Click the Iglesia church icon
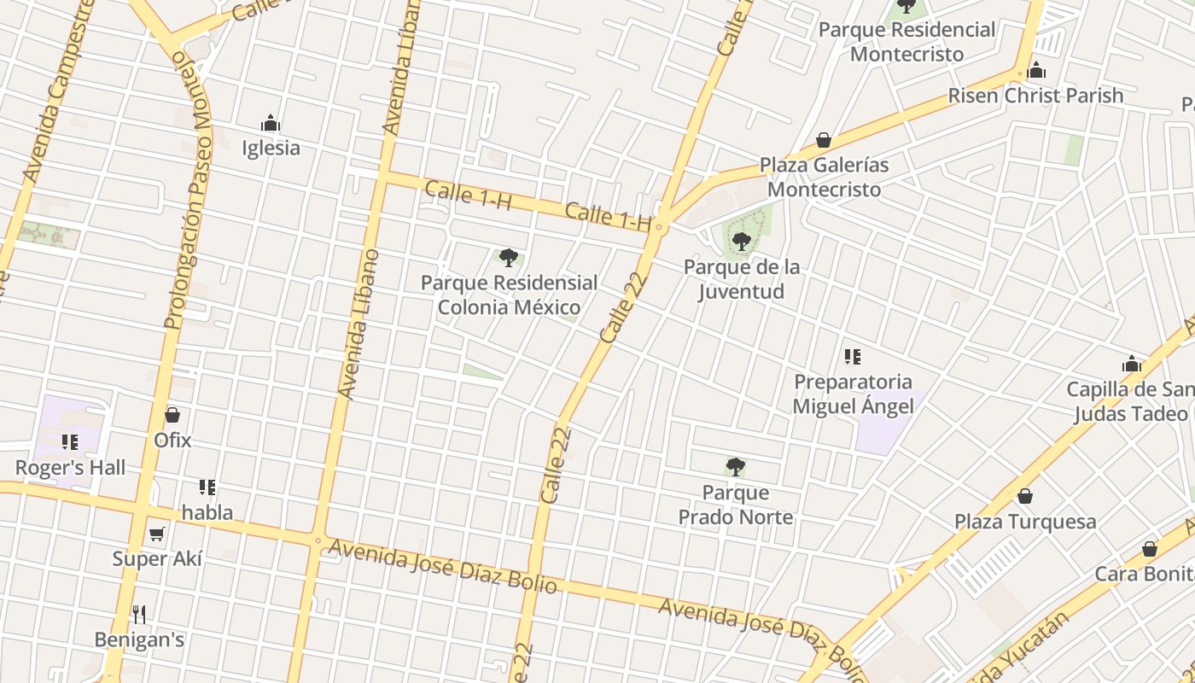pyautogui.click(x=271, y=124)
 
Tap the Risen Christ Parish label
pyautogui.click(x=1035, y=96)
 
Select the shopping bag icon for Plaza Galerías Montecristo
pyautogui.click(x=824, y=140)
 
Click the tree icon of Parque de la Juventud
pyautogui.click(x=741, y=242)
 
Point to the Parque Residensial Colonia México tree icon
pyautogui.click(x=509, y=257)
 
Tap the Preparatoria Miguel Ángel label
pyautogui.click(x=853, y=394)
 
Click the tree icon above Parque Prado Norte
pyautogui.click(x=735, y=467)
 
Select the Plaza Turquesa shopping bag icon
pyautogui.click(x=1025, y=496)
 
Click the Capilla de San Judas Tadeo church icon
pyautogui.click(x=1132, y=365)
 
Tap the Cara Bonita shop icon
pyautogui.click(x=1150, y=549)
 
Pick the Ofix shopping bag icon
pyautogui.click(x=172, y=415)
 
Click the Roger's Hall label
pyautogui.click(x=70, y=468)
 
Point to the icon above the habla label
pyautogui.click(x=207, y=487)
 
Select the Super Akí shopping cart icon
pyautogui.click(x=156, y=534)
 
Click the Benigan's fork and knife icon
pyautogui.click(x=139, y=614)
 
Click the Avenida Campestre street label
pyautogui.click(x=56, y=90)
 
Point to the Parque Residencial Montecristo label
pyautogui.click(x=906, y=42)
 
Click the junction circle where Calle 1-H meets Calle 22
pyautogui.click(x=659, y=228)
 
